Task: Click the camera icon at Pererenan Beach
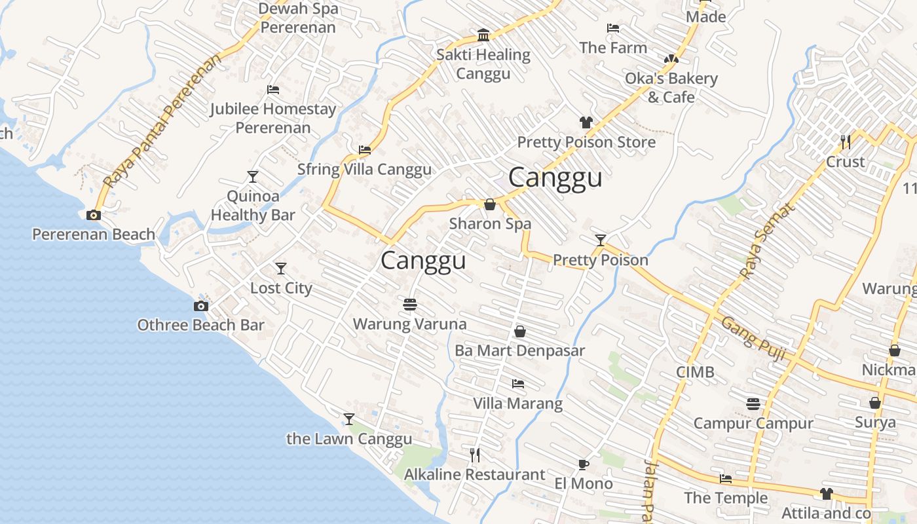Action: tap(94, 215)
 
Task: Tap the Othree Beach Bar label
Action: tap(200, 325)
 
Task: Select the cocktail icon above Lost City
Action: tap(281, 269)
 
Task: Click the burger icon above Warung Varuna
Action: tap(410, 305)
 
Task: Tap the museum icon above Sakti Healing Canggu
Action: tap(483, 35)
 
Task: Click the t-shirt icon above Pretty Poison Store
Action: tap(586, 122)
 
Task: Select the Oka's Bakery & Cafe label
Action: tap(671, 88)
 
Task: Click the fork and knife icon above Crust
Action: tap(846, 141)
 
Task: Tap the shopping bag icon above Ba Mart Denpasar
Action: tap(519, 331)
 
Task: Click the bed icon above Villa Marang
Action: tap(518, 384)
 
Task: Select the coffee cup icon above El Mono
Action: tap(583, 465)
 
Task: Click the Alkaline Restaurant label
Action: tap(474, 474)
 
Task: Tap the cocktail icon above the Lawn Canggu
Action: tap(349, 419)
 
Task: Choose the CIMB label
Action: tap(695, 372)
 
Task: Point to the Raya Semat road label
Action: tap(767, 241)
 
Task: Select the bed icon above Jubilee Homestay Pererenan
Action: tap(273, 90)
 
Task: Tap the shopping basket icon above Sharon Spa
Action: tap(489, 205)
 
